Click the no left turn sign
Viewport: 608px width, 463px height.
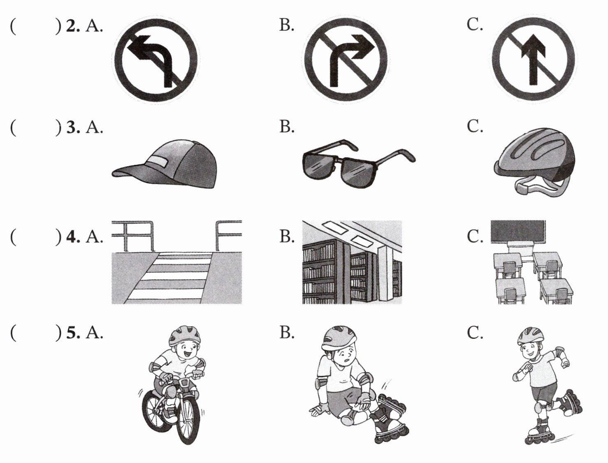tap(155, 59)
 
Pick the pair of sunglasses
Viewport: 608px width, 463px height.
tap(359, 164)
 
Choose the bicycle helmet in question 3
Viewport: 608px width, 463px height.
tap(534, 162)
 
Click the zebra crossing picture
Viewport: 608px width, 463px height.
tap(176, 262)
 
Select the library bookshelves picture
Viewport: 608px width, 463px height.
tap(352, 262)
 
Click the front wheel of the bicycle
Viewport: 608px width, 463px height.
tap(188, 420)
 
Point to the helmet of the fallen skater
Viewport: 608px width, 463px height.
tap(339, 339)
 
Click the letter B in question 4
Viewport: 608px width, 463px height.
tap(287, 236)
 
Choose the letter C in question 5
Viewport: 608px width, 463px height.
tap(475, 333)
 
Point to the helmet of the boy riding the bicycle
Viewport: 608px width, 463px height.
tap(185, 336)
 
